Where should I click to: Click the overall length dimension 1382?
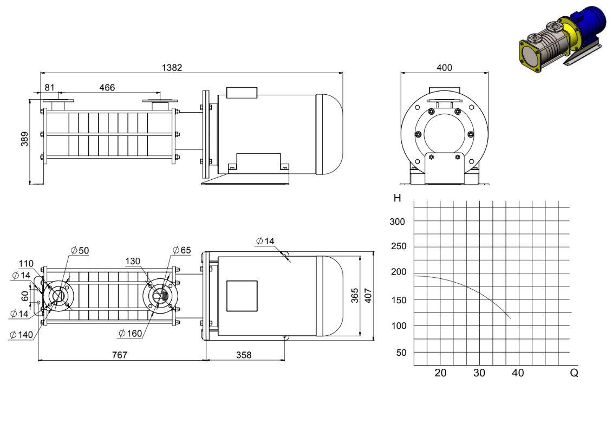172,68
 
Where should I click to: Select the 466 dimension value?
107,87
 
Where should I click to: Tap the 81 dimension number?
50,87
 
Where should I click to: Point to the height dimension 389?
24,139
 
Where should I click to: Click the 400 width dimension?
444,68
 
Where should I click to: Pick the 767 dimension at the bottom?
120,355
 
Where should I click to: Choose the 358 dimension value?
244,355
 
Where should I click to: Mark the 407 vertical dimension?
368,296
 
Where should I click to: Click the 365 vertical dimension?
354,296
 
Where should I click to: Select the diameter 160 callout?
131,333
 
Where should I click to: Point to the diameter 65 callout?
182,250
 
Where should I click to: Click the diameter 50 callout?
80,251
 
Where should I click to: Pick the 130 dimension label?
133,261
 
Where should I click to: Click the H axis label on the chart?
398,198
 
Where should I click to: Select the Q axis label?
574,373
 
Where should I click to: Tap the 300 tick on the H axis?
398,221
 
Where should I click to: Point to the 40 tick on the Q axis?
518,373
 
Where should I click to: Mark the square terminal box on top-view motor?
242,296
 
